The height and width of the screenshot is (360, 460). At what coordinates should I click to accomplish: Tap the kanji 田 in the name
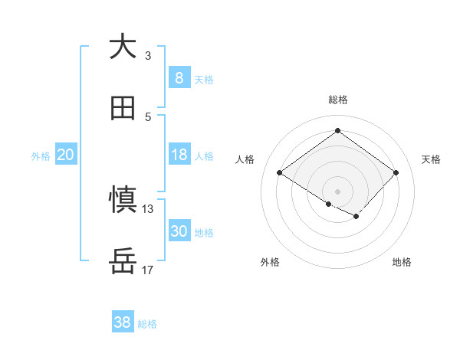click(123, 109)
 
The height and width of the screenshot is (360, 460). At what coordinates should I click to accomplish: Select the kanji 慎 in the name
click(123, 200)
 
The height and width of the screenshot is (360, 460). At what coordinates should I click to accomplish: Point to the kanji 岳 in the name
click(123, 262)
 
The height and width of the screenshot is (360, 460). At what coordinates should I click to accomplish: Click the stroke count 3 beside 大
click(148, 55)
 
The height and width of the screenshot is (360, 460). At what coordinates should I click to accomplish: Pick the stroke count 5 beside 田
click(148, 117)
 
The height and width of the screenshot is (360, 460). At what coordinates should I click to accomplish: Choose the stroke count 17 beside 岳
click(148, 270)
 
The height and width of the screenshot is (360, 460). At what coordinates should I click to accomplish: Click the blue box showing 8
click(179, 77)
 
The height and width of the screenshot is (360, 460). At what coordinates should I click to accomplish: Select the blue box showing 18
click(179, 155)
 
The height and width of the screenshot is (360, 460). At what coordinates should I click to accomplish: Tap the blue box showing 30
click(179, 231)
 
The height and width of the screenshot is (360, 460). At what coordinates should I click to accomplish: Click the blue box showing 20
click(65, 155)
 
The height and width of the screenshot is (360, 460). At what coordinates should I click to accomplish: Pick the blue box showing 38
click(123, 322)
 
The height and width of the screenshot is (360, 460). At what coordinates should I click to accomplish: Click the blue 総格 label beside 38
click(147, 324)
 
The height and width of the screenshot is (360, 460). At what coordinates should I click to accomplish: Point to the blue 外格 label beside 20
click(41, 156)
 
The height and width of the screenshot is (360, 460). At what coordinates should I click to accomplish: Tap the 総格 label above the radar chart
click(337, 100)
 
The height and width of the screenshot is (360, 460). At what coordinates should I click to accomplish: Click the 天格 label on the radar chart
click(432, 159)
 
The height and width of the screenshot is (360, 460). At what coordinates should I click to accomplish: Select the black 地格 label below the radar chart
click(402, 262)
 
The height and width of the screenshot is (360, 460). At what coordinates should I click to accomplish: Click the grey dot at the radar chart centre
click(337, 191)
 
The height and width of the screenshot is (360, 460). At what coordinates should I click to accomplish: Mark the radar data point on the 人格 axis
click(280, 173)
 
